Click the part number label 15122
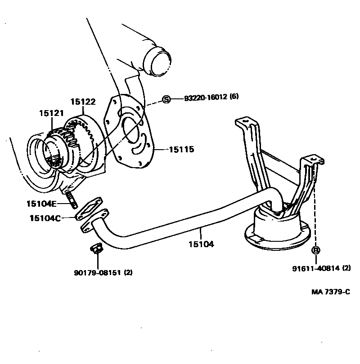click(83, 102)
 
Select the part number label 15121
click(51, 114)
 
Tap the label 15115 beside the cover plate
click(181, 149)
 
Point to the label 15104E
click(41, 204)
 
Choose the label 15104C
click(45, 218)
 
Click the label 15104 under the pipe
click(201, 244)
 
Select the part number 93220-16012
click(205, 99)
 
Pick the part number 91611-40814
click(315, 268)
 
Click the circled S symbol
click(166, 99)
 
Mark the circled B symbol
click(316, 250)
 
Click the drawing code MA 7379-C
click(331, 292)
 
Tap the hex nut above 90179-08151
click(95, 248)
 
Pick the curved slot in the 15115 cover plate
click(143, 145)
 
